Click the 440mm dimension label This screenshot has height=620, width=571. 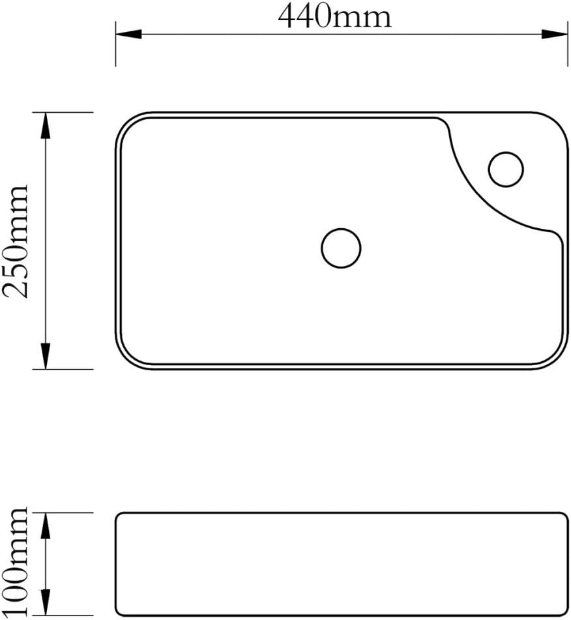[x=334, y=16]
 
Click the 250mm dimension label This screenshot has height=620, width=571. [x=16, y=242]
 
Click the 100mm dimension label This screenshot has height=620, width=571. [x=16, y=561]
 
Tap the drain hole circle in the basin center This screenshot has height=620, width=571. [x=341, y=229]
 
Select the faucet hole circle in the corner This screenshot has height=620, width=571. [x=506, y=153]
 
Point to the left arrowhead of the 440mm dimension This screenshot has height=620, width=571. [x=128, y=34]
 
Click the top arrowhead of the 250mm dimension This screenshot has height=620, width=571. [x=46, y=125]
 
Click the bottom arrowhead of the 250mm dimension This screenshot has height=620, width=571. [x=46, y=356]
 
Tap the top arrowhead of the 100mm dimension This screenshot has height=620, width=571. [x=46, y=526]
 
